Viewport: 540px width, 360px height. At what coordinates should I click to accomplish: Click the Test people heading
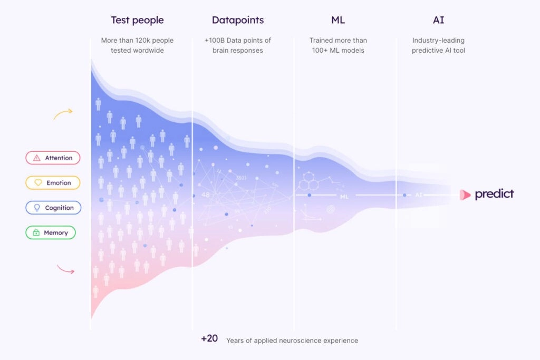coord(137,21)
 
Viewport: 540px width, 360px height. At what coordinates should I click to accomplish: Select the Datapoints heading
coord(238,21)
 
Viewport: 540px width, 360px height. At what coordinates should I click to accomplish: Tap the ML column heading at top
coord(338,21)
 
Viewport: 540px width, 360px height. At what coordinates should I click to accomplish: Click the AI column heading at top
coord(438,21)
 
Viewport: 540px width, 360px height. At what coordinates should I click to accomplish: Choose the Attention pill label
coord(53,158)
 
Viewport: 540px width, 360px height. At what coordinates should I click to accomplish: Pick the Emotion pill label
coord(53,183)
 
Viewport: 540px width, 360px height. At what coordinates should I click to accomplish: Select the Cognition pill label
coord(53,208)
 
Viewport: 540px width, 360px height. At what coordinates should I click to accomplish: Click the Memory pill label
coord(51,232)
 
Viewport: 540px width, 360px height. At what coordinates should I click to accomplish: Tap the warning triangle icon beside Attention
coord(36,158)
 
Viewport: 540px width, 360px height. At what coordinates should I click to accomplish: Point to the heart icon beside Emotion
coord(37,183)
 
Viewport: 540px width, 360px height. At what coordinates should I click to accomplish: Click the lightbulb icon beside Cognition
coord(37,208)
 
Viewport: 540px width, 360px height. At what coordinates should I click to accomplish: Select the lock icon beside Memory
coord(36,232)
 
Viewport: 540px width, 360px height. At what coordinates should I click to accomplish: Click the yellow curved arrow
coord(63,114)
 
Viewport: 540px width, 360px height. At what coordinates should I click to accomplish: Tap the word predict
coord(494,194)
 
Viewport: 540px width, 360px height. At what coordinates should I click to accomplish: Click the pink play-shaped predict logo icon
coord(465,195)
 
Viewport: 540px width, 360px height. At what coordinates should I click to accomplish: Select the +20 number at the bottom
coord(209,339)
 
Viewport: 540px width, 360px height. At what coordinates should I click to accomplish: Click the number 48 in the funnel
coord(206,195)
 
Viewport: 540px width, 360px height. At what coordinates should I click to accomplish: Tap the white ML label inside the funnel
coord(344,197)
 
